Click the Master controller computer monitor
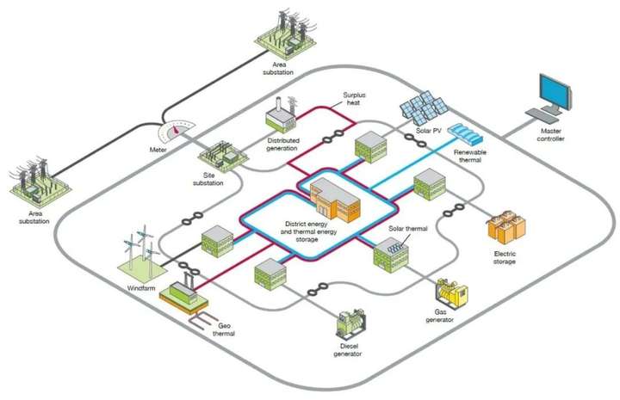click(x=556, y=93)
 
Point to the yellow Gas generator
click(x=451, y=294)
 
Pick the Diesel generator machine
click(x=351, y=323)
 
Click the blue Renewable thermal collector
click(x=468, y=134)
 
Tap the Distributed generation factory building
click(x=281, y=114)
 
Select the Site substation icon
click(x=223, y=157)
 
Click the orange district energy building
click(x=335, y=200)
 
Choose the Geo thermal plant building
click(x=183, y=292)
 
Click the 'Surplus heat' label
click(x=354, y=99)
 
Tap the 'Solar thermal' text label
click(x=408, y=229)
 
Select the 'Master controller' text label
click(x=551, y=135)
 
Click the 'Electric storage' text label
click(x=505, y=257)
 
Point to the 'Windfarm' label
click(x=141, y=288)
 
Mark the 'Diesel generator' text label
click(x=348, y=350)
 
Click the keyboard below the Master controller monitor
click(x=542, y=115)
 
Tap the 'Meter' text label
click(x=158, y=150)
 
